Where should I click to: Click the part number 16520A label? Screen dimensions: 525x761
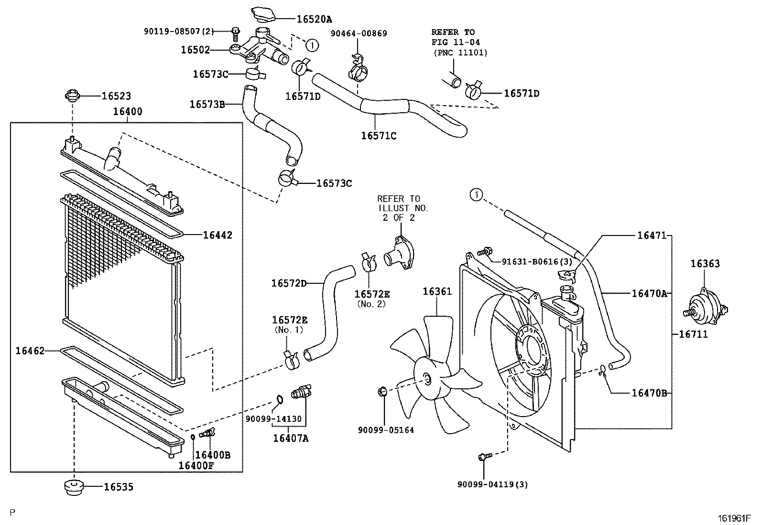point(314,19)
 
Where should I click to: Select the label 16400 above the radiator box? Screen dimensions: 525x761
point(127,112)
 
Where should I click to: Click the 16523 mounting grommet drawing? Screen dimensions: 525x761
point(72,95)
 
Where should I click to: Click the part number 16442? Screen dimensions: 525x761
point(217,235)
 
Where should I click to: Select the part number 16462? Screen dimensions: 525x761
point(30,351)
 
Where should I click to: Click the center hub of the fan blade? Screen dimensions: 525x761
point(427,379)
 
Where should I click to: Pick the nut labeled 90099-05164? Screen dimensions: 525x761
point(382,393)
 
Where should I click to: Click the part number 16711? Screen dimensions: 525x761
point(693,334)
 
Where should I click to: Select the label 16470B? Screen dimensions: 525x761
point(649,393)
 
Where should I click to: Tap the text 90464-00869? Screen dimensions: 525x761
point(359,33)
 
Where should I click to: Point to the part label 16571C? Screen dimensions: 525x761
point(379,136)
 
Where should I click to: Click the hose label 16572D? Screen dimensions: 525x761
point(289,283)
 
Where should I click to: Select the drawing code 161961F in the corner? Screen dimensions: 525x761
point(734,517)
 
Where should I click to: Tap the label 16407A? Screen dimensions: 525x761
point(291,438)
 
